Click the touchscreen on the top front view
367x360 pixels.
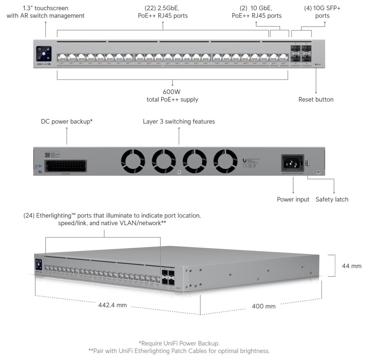44,54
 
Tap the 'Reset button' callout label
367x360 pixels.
316,99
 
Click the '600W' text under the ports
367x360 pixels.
172,92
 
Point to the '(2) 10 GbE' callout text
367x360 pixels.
257,8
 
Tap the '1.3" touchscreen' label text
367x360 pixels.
46,8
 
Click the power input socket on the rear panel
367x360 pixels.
292,162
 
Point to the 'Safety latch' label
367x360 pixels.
332,199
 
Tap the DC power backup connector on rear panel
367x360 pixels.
65,166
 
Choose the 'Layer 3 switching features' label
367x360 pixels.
179,121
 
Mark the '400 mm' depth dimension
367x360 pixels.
264,306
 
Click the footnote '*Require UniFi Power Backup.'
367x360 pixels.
179,343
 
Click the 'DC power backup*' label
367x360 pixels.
66,121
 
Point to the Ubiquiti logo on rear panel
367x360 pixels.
245,160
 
